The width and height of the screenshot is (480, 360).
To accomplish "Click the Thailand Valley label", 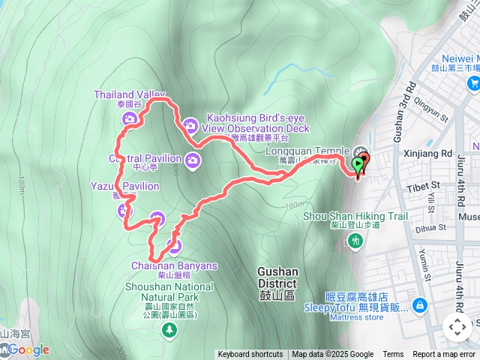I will coord(128,94).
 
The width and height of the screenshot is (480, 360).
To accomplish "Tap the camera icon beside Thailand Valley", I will coord(130,118).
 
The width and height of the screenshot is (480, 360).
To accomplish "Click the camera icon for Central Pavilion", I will coord(193,159).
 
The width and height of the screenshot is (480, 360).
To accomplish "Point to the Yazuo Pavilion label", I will coord(125,186).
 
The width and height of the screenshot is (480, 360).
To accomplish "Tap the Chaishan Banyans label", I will coord(174,265).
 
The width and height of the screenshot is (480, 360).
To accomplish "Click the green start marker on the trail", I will coord(358,163).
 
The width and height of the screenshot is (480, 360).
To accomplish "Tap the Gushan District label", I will coord(277,277).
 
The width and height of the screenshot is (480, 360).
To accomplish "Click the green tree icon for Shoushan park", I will coord(171,328).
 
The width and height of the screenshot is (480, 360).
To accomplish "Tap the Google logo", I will coord(28,349).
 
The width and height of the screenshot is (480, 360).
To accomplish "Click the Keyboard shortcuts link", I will coord(250,355).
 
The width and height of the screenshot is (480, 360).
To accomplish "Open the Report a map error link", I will coord(443,355).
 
